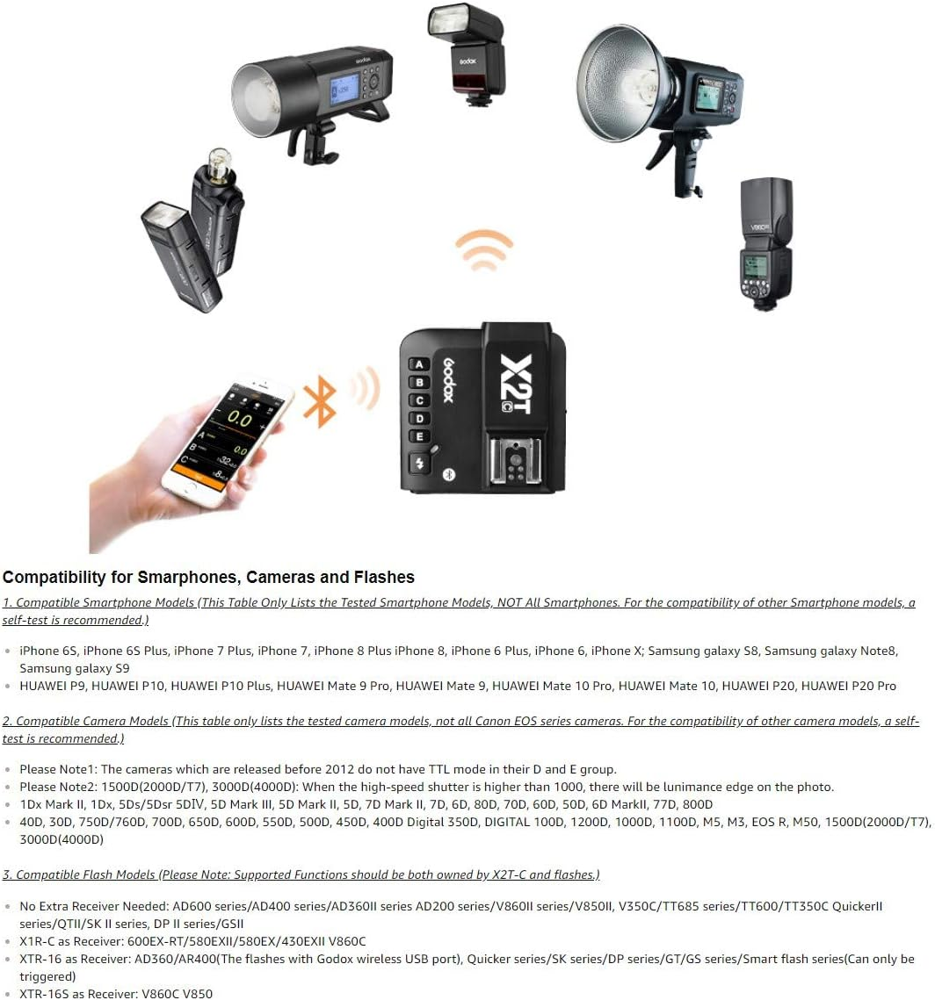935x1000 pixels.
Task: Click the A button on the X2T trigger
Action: click(x=419, y=364)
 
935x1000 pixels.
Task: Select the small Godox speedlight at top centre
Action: click(x=467, y=51)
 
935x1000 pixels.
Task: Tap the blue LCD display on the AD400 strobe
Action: click(x=339, y=92)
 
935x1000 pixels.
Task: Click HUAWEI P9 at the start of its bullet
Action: click(x=52, y=686)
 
